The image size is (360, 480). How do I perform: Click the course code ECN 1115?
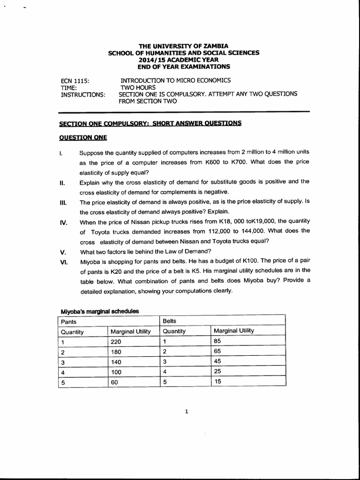(x=75, y=81)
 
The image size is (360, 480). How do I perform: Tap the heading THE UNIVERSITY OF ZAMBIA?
(x=183, y=46)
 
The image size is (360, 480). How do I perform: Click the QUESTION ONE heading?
(x=83, y=137)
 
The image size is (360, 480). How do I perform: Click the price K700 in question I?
(x=241, y=162)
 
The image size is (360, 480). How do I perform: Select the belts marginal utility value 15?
(x=218, y=381)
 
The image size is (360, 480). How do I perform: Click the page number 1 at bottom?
(x=187, y=412)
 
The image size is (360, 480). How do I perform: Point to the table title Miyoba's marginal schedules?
(x=100, y=311)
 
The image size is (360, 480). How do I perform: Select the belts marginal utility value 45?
(x=218, y=361)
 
